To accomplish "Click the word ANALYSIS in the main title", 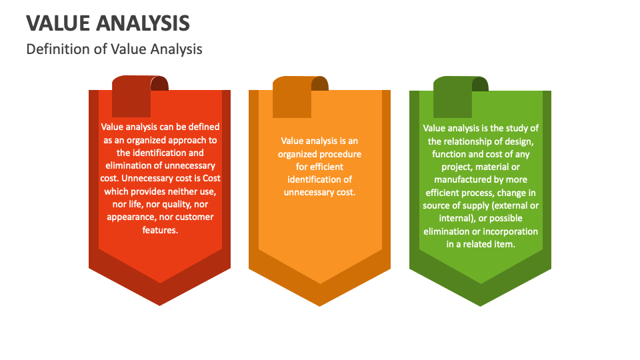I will [143, 23].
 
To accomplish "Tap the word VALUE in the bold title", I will [58, 23].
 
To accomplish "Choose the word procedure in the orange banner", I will [340, 153].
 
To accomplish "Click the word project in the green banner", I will [446, 167].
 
